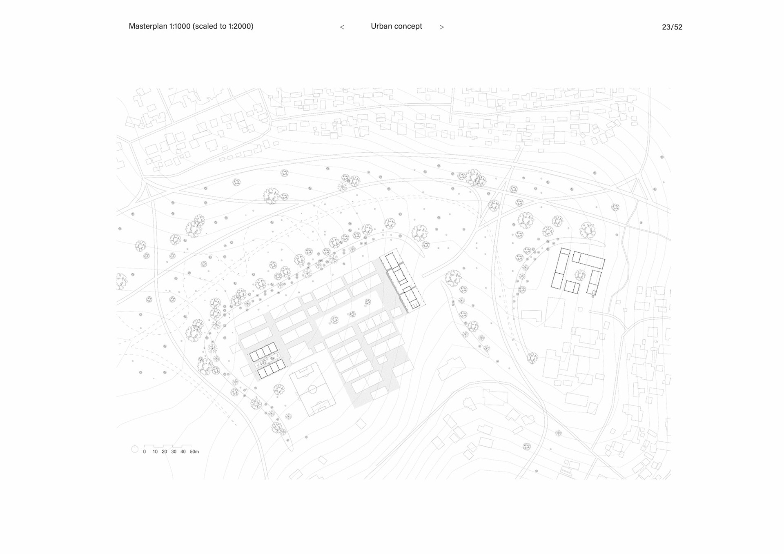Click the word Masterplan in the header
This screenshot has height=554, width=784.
coord(148,26)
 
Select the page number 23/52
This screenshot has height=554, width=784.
coord(672,27)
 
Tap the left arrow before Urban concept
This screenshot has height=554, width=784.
coord(342,27)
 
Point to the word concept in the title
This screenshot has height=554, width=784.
coord(409,27)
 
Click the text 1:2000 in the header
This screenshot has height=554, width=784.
coord(240,26)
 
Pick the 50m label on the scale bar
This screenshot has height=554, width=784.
coord(194,452)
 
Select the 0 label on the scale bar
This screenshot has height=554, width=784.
coord(145,452)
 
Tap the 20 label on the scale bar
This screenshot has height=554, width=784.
coord(164,452)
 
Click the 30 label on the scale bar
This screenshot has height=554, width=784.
coord(174,452)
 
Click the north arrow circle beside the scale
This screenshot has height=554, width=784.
coord(135,449)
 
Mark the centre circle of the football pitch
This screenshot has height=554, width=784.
coord(312,389)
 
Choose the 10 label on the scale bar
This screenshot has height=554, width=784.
coord(155,452)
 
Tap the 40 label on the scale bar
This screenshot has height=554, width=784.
coord(183,452)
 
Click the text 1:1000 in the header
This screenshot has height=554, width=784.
coord(180,26)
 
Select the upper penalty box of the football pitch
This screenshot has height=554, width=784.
coord(303,372)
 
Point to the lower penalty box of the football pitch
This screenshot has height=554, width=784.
coord(323,407)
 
